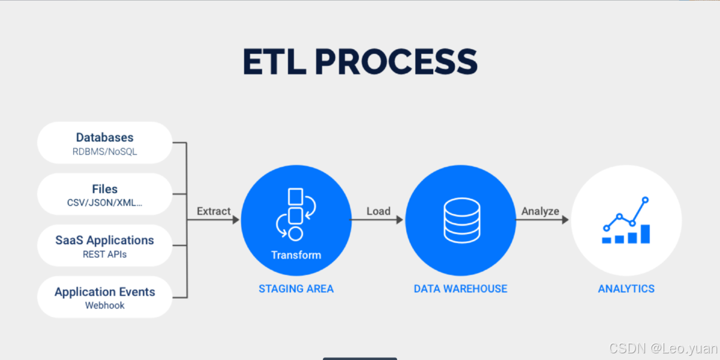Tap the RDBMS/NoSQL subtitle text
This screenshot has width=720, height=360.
point(104,152)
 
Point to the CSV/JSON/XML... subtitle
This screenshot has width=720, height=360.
point(104,203)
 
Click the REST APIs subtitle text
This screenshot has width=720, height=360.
point(104,254)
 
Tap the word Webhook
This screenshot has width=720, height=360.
point(104,305)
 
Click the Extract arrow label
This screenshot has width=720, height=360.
point(214,211)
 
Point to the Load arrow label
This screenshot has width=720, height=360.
point(379,211)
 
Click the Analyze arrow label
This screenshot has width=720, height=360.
point(540,211)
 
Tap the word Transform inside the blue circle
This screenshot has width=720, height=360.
point(296,255)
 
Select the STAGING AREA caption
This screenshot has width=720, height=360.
point(296,289)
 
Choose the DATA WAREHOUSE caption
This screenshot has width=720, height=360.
point(460,289)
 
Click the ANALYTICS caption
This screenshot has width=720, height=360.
point(626,289)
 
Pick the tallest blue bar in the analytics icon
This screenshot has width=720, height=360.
point(645,234)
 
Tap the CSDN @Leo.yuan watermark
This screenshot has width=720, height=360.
point(662,348)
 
